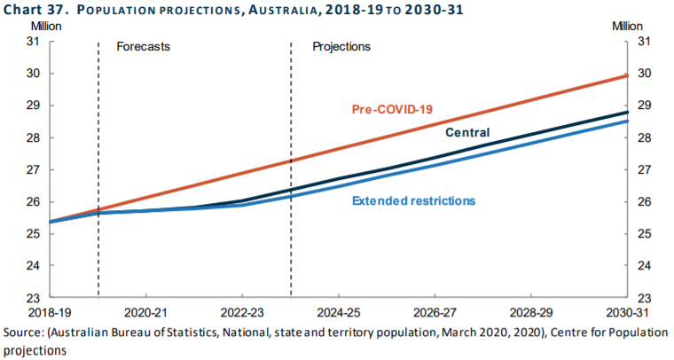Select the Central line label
tap(467, 133)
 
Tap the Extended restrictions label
tap(413, 200)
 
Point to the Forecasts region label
tap(144, 46)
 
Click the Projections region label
tap(341, 46)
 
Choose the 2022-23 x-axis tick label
tap(242, 313)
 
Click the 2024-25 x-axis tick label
tap(338, 313)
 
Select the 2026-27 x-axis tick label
tap(435, 313)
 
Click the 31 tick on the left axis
tap(33, 42)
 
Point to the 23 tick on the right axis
tap(643, 298)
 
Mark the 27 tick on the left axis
tap(33, 169)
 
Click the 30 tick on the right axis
tap(643, 74)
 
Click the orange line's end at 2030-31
tap(627, 75)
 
